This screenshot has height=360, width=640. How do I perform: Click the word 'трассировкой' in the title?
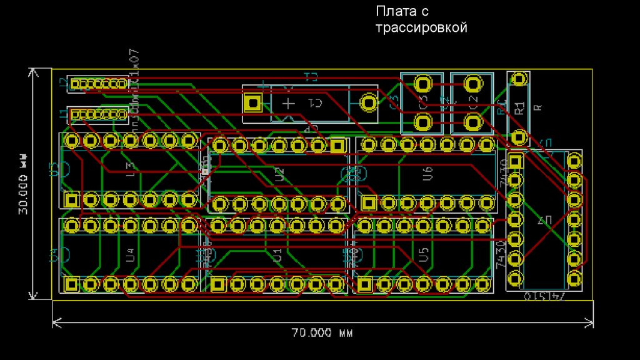(421, 27)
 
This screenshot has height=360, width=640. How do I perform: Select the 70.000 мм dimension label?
(322, 332)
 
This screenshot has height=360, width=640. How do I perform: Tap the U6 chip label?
(427, 174)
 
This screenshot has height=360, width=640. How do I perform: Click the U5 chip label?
(424, 254)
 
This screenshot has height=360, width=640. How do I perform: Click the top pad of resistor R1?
(518, 79)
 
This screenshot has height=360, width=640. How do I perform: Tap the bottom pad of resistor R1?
(518, 137)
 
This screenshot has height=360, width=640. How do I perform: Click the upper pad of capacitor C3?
(423, 84)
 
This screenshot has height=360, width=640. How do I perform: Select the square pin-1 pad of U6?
(368, 202)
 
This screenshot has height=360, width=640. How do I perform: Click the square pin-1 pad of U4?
(71, 284)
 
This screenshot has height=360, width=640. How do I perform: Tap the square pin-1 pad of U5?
(364, 284)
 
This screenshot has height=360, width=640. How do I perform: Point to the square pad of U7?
(515, 161)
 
